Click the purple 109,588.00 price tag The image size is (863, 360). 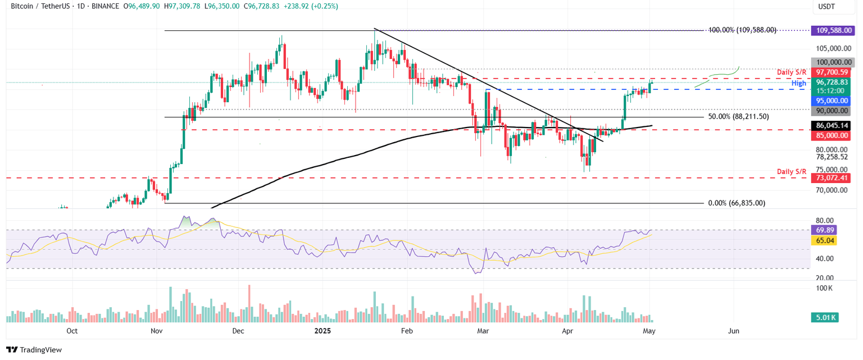click(x=831, y=30)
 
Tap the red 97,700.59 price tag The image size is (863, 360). click(x=831, y=72)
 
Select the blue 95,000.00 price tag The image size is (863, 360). click(x=831, y=101)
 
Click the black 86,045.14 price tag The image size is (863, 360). click(x=831, y=126)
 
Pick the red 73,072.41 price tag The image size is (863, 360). click(x=831, y=178)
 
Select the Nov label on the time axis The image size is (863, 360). click(x=157, y=331)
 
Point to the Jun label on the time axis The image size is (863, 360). click(x=734, y=331)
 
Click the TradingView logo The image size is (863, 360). click(x=34, y=349)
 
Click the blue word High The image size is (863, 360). click(x=799, y=83)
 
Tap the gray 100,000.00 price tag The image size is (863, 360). click(x=831, y=62)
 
